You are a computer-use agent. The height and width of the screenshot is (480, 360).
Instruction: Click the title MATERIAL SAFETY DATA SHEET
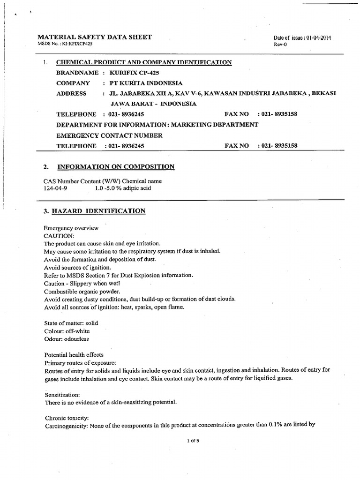click(94, 37)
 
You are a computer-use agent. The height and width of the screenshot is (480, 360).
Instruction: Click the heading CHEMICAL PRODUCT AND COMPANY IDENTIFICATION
click(144, 62)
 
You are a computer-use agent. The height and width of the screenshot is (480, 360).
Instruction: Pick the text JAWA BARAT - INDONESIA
click(153, 104)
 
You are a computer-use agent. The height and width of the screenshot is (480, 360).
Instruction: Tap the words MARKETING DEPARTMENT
click(214, 125)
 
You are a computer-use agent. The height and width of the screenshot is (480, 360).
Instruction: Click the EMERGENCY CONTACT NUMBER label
click(109, 135)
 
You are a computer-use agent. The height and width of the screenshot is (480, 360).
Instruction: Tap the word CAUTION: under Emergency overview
click(59, 236)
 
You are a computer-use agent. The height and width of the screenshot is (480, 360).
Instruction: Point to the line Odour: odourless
click(66, 338)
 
